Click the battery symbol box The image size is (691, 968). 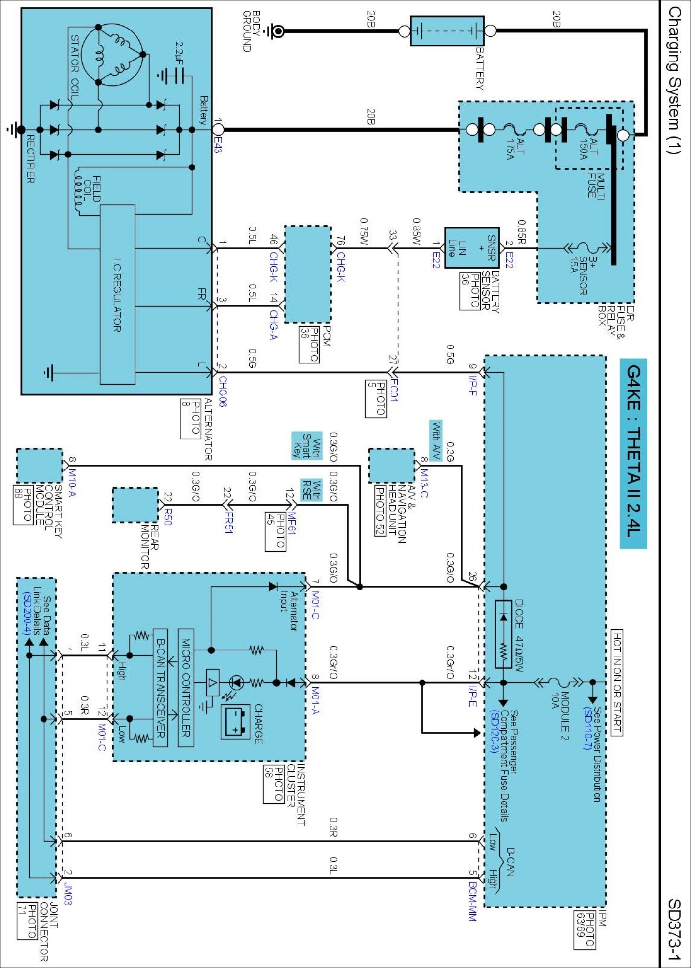(447, 31)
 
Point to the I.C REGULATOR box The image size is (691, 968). (117, 295)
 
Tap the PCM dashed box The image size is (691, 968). (308, 274)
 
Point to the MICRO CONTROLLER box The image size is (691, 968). (186, 687)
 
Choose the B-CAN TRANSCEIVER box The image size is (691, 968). (161, 687)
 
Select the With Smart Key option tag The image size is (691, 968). (306, 445)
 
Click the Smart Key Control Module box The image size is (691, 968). (40, 466)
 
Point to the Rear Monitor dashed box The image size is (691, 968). (135, 505)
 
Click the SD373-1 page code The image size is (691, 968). (675, 929)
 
